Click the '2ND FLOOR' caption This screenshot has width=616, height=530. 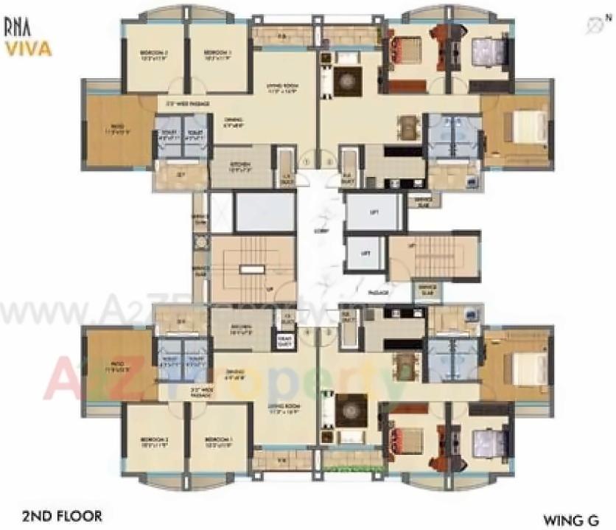[x=62, y=516]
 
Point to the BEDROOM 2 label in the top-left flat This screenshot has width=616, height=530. [x=155, y=55]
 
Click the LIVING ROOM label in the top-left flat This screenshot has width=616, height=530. [x=281, y=88]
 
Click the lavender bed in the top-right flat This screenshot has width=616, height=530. [x=489, y=52]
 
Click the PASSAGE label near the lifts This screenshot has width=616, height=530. [x=377, y=293]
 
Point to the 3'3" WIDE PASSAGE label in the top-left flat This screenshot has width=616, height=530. [x=188, y=104]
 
